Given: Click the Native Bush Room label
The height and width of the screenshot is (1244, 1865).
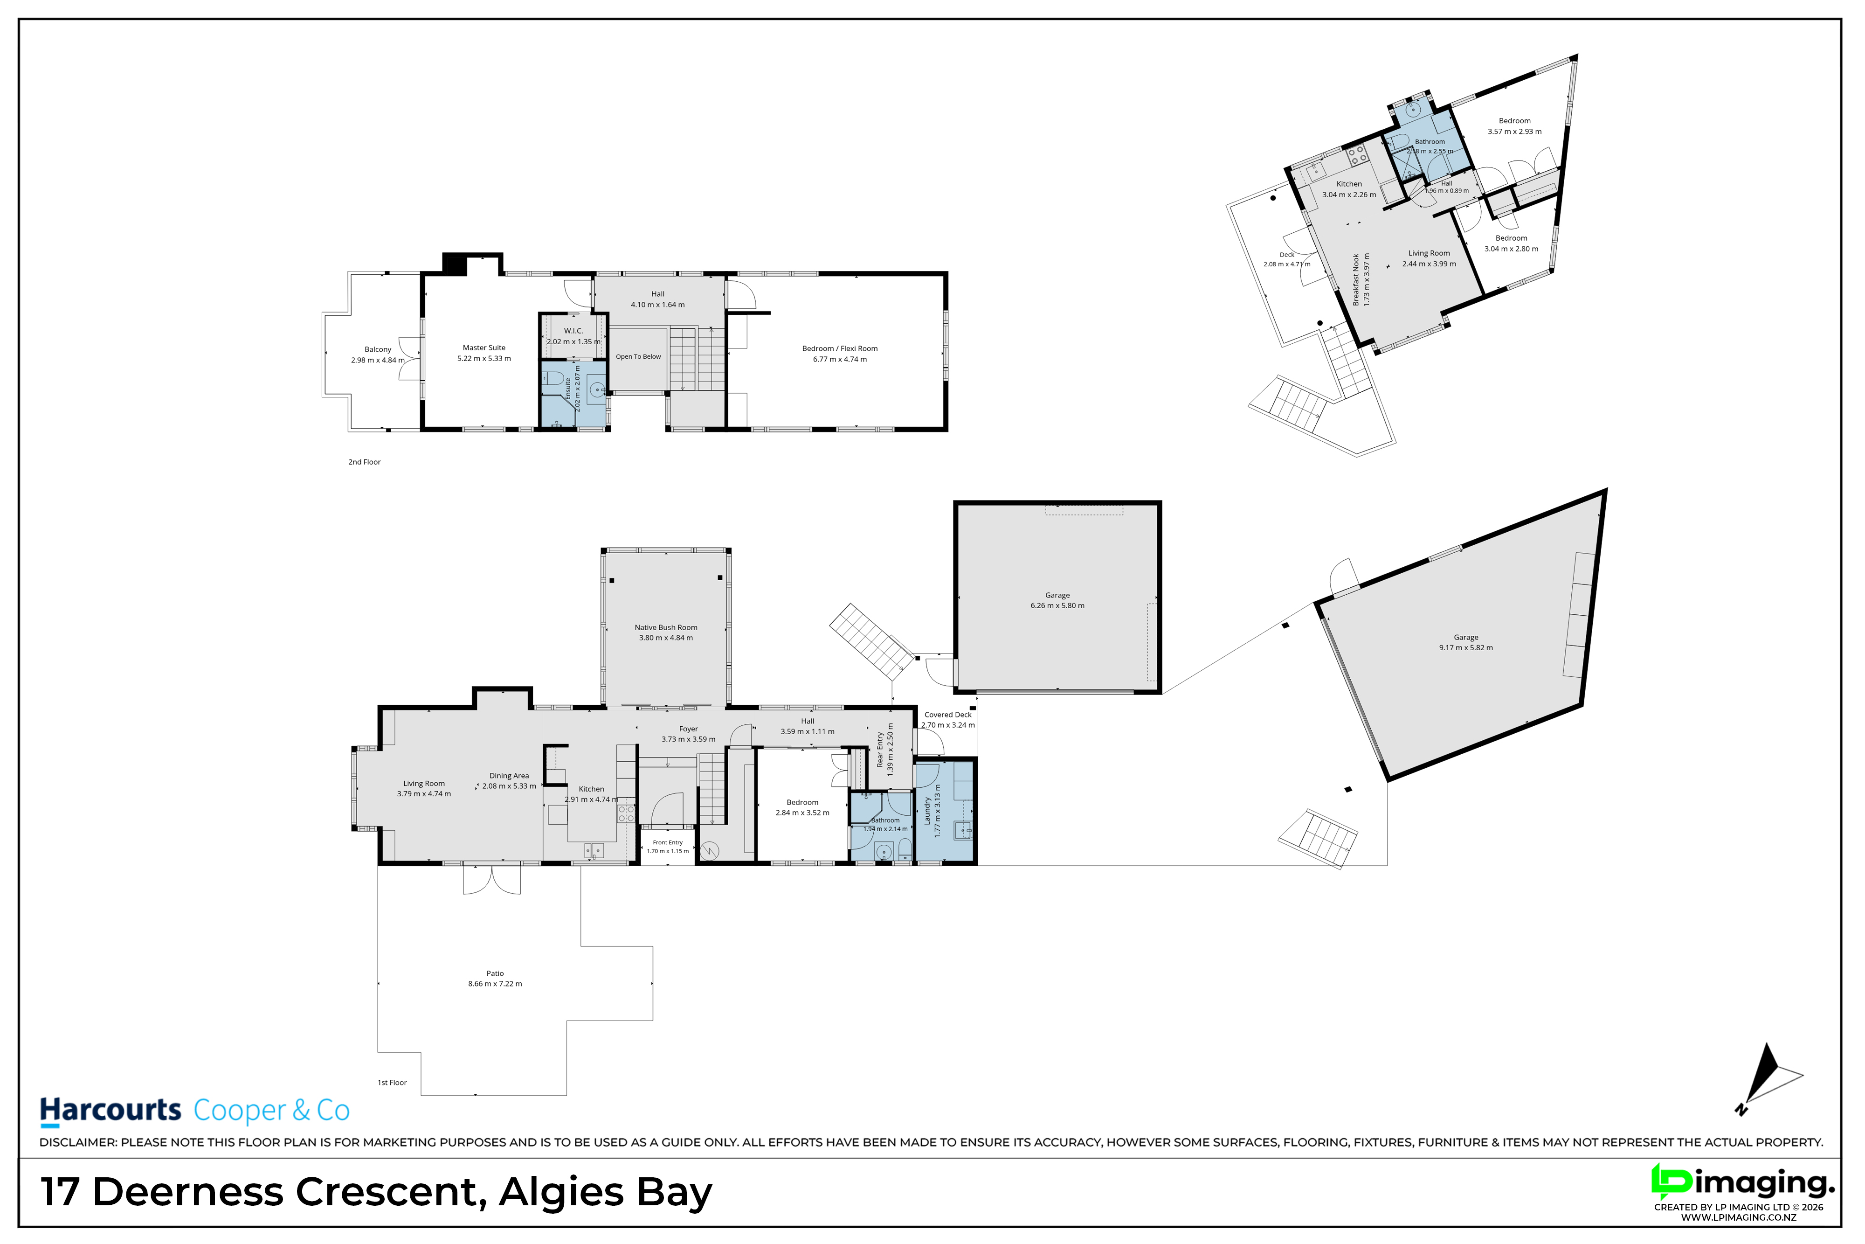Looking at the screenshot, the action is click(x=666, y=627).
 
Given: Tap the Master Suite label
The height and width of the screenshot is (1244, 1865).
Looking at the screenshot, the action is click(x=484, y=347).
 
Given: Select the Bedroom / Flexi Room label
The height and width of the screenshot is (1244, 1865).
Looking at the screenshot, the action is click(x=840, y=348).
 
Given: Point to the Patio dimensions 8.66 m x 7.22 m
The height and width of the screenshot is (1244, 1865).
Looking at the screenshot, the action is click(x=495, y=984).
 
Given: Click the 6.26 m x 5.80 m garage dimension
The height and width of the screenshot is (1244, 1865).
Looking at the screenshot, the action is click(x=1057, y=605).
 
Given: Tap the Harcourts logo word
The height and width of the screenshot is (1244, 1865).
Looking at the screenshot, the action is click(x=111, y=1111).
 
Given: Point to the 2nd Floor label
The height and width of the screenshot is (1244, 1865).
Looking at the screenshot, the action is click(x=364, y=462).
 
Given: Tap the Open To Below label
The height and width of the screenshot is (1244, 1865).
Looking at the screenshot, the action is click(x=638, y=357).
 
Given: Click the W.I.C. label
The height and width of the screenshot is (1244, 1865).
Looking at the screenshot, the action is click(x=573, y=331).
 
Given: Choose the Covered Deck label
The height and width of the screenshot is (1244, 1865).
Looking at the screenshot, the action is click(x=947, y=715).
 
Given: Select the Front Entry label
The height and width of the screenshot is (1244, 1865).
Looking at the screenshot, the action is click(x=668, y=842).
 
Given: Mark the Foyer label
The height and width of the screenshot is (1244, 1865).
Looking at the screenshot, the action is click(x=688, y=729).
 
